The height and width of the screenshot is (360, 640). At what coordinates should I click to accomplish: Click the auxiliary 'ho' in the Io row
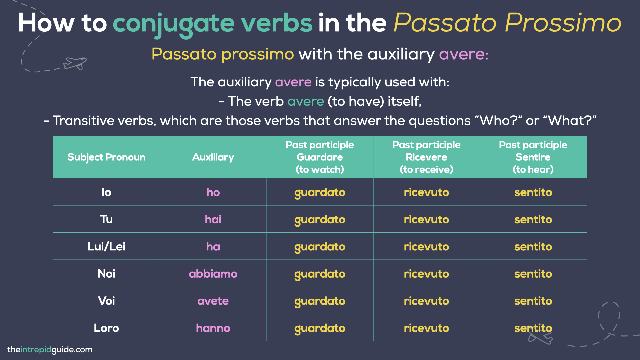[213, 192]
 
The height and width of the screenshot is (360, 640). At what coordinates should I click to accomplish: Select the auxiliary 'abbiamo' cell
[213, 274]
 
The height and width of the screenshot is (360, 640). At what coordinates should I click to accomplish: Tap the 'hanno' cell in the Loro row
[213, 328]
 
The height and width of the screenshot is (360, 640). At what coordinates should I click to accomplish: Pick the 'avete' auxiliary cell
[213, 301]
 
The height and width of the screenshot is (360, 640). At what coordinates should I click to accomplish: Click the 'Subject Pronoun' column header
[106, 157]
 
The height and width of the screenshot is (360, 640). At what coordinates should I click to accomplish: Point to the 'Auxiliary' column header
[213, 157]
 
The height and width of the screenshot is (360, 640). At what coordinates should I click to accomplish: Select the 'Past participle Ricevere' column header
[426, 157]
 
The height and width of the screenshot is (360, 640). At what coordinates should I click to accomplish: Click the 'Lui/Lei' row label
[106, 247]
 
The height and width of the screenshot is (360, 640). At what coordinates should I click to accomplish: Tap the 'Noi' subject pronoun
[106, 274]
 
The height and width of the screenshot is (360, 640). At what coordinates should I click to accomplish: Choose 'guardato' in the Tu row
[320, 220]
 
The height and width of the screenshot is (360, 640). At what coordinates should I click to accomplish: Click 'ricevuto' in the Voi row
[426, 301]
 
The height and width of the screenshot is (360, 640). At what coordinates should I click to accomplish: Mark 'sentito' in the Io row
[533, 192]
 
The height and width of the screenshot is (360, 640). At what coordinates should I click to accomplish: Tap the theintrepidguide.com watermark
[50, 350]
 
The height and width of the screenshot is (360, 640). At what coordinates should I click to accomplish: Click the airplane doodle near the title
[75, 63]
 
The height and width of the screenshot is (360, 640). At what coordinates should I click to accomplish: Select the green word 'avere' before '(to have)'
[306, 101]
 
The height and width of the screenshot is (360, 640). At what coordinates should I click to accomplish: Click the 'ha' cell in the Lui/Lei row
[213, 247]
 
